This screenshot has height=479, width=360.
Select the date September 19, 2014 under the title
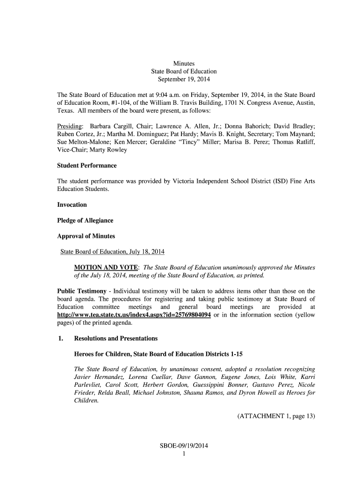(184, 79)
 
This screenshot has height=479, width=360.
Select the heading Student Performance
(86, 166)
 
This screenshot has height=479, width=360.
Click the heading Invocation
(72, 205)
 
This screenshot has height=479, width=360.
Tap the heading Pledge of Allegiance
(85, 220)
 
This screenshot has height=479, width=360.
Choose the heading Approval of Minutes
(86, 236)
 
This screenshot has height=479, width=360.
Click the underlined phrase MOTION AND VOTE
(106, 268)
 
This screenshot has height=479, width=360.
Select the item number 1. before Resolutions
(60, 338)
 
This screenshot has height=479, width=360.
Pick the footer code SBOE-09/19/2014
(183, 446)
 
